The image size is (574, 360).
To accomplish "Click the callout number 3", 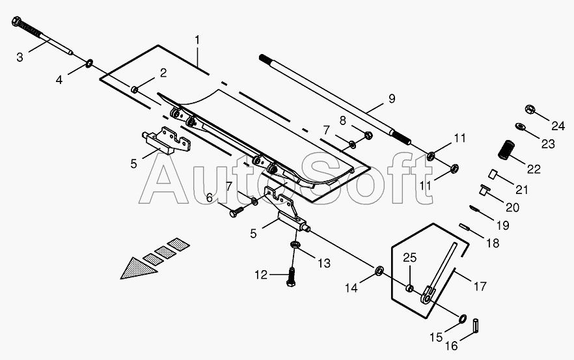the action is [x=20, y=57].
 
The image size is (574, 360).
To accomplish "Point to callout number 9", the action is [x=391, y=99].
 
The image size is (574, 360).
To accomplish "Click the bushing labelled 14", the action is [x=378, y=270].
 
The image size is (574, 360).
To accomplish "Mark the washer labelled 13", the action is [x=294, y=245].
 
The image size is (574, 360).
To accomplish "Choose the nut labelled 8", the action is [x=368, y=135].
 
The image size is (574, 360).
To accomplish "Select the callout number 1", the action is [x=197, y=40].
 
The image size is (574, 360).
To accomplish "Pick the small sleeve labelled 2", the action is [x=135, y=89].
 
